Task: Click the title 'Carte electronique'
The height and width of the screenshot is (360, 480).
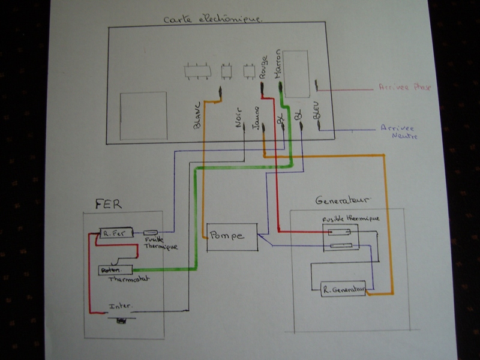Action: [212, 19]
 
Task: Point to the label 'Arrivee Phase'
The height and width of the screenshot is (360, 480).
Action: [404, 88]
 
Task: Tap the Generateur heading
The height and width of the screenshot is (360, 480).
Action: [343, 200]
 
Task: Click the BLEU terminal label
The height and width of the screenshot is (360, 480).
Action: [317, 109]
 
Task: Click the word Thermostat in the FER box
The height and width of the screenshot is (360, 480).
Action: [128, 280]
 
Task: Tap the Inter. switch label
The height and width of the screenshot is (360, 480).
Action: [120, 306]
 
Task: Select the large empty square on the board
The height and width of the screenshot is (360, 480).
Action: [143, 116]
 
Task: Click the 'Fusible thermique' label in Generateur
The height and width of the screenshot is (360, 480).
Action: [351, 218]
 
